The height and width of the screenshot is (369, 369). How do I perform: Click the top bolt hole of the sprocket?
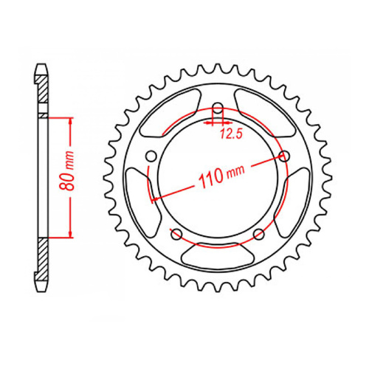click(x=218, y=106)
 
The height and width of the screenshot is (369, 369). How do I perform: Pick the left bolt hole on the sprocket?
click(x=152, y=156)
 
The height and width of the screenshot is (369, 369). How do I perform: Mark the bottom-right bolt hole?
click(x=258, y=234)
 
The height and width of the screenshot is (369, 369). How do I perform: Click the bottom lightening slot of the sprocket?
click(x=218, y=258)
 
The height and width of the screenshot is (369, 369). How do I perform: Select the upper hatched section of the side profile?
click(x=44, y=94)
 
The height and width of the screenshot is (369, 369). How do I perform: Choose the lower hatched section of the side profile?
click(x=44, y=262)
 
